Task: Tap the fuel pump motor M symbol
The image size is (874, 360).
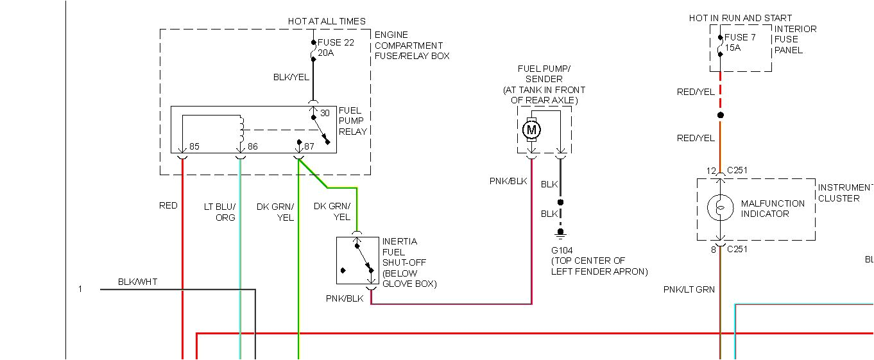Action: pos(531,130)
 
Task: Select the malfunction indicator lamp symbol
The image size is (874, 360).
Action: pos(721,208)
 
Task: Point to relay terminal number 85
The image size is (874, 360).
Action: pos(194,147)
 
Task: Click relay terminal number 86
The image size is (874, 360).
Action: pos(252,147)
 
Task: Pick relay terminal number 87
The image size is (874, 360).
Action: pos(309,147)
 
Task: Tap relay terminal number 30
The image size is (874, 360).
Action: pos(325,114)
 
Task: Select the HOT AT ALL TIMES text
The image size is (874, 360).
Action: pos(327,21)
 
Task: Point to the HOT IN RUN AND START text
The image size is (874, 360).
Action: pos(741,18)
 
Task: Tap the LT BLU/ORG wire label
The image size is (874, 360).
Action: pos(219,212)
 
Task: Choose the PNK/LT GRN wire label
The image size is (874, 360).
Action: pos(689,290)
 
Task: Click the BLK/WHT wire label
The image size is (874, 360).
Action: pos(137,282)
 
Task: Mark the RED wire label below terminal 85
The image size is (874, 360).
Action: pos(168,206)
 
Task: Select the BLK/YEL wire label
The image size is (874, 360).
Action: pos(291,77)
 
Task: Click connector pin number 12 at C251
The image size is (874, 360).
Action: pos(711,171)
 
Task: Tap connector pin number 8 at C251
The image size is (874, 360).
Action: pos(713,250)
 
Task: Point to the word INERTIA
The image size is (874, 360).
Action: pos(400,241)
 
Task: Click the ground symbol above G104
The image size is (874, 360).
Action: pos(560,233)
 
